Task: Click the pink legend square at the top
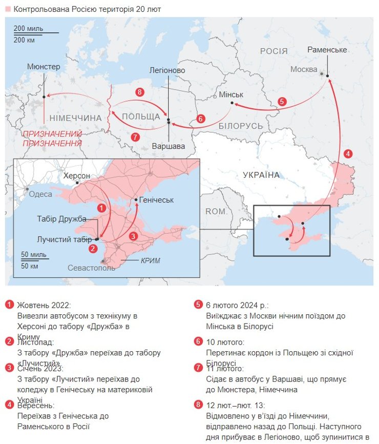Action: (x=8, y=10)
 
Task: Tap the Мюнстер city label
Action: (x=44, y=67)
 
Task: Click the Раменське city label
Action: (x=327, y=49)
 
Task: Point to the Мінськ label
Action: (x=230, y=94)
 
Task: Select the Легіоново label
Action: (x=167, y=70)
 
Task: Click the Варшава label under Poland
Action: (x=168, y=146)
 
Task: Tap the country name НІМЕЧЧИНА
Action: (x=76, y=118)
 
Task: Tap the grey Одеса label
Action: (x=40, y=194)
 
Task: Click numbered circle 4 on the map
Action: (x=348, y=153)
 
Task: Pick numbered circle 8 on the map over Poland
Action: (x=139, y=92)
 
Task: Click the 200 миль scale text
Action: (x=28, y=28)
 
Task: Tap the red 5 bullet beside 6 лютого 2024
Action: (x=198, y=305)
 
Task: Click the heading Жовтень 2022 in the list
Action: (x=44, y=305)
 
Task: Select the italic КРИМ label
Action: (x=151, y=260)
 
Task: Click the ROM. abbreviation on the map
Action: (x=216, y=211)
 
